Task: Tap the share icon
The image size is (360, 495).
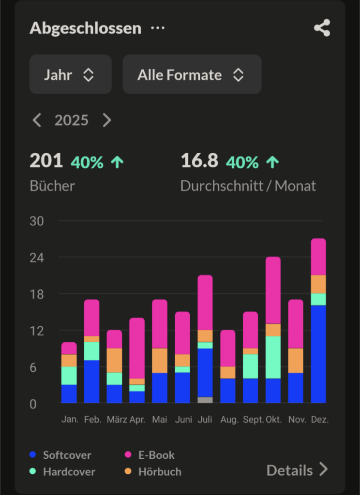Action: (322, 28)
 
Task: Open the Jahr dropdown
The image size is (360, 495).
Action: (70, 74)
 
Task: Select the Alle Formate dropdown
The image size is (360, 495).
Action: (192, 74)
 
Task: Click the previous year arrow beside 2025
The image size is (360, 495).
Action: (37, 120)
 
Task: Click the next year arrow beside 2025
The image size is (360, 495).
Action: (107, 120)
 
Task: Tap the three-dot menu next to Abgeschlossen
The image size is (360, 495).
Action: (158, 28)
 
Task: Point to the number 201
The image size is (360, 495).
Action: (46, 161)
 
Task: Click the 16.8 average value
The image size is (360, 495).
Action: (199, 161)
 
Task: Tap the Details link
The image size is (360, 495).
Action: (297, 470)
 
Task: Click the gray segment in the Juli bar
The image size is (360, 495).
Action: (205, 400)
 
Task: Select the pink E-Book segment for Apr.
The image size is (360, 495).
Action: (137, 348)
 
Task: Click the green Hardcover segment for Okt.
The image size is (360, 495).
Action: (273, 357)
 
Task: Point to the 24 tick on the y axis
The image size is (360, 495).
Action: (37, 258)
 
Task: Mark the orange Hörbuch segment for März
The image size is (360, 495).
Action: (114, 360)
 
